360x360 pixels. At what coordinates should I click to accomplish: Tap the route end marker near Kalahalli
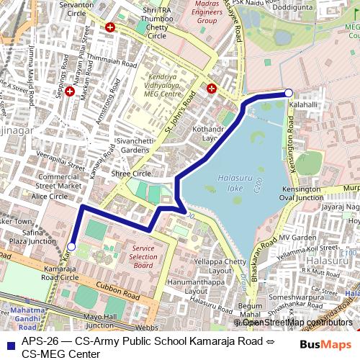click(x=289, y=93)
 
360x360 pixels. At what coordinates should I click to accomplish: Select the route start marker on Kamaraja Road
click(x=71, y=246)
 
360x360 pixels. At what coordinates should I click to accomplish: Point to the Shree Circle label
click(x=131, y=174)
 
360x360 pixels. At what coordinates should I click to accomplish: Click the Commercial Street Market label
click(x=59, y=181)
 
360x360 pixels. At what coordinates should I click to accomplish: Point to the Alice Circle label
click(x=49, y=196)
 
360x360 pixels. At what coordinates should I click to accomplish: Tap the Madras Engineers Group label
click(x=196, y=13)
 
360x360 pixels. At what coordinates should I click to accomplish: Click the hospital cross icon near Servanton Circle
click(x=109, y=27)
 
